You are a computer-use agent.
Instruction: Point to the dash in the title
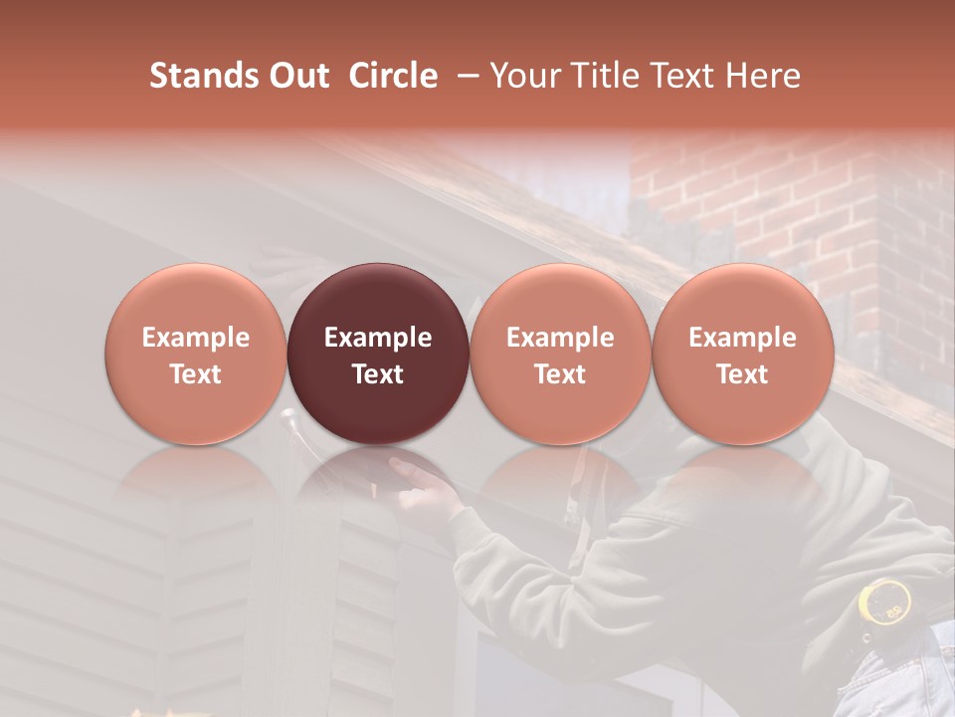pyautogui.click(x=464, y=76)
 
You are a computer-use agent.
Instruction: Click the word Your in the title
pyautogui.click(x=523, y=76)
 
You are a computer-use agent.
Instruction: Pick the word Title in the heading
pyautogui.click(x=602, y=76)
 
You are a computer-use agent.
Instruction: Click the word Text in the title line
pyautogui.click(x=680, y=76)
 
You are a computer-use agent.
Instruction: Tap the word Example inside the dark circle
pyautogui.click(x=378, y=338)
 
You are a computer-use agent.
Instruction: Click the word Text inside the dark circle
pyautogui.click(x=378, y=374)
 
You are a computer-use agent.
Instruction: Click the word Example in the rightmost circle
pyautogui.click(x=742, y=338)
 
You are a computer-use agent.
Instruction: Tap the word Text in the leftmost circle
pyautogui.click(x=195, y=374)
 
